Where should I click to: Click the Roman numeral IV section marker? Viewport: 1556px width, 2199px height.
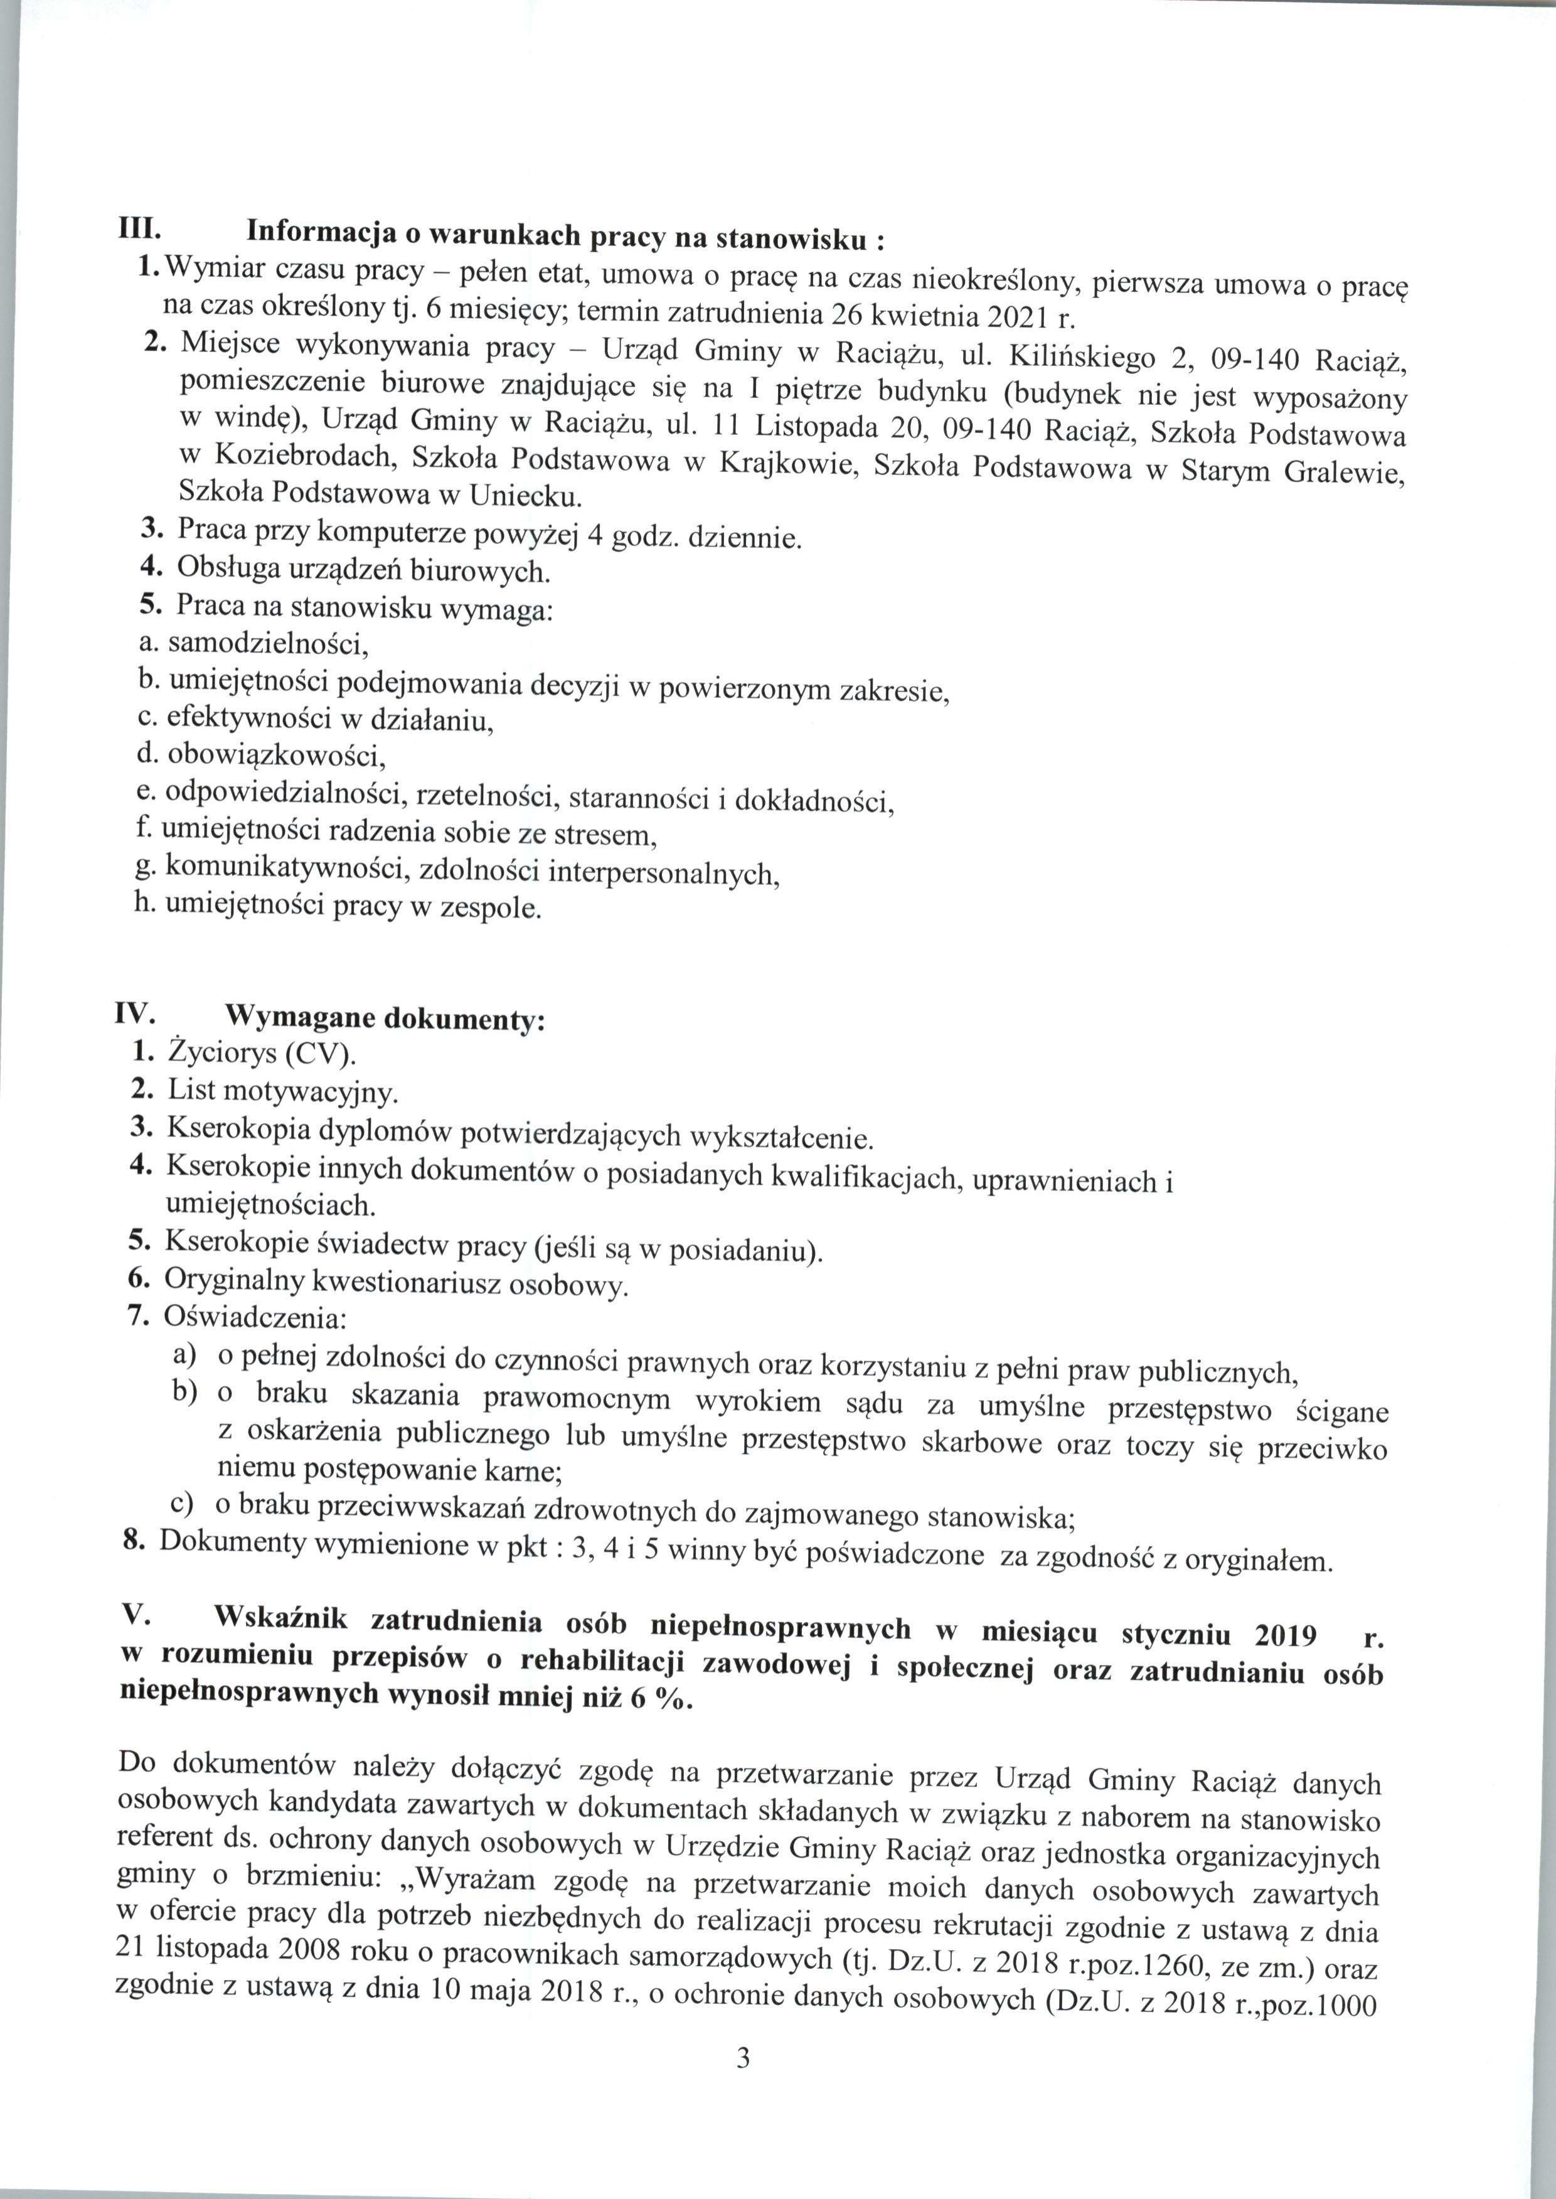pyautogui.click(x=137, y=1013)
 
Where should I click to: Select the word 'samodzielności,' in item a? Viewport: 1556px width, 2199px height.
pyautogui.click(x=269, y=644)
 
